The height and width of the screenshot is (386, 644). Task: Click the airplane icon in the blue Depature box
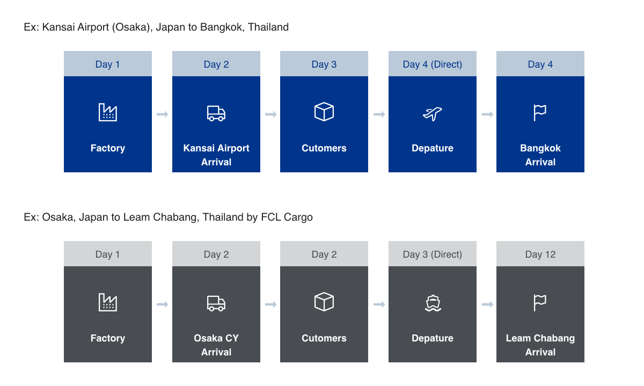pyautogui.click(x=432, y=114)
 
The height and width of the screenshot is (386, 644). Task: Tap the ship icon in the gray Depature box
pyautogui.click(x=433, y=303)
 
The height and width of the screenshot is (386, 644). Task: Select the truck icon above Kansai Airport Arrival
pyautogui.click(x=216, y=114)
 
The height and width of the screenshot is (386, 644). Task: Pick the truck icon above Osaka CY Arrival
pyautogui.click(x=216, y=303)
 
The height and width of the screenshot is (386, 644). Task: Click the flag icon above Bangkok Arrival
pyautogui.click(x=540, y=112)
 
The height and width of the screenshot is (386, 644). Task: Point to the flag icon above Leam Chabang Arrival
pyautogui.click(x=540, y=303)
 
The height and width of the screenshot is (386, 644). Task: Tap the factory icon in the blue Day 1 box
pyautogui.click(x=108, y=112)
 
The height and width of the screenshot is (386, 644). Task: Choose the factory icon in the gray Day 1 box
pyautogui.click(x=108, y=302)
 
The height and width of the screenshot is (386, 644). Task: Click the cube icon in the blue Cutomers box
pyautogui.click(x=324, y=112)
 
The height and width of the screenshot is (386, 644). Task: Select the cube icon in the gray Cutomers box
pyautogui.click(x=324, y=302)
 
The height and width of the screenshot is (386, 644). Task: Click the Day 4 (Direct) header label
pyautogui.click(x=433, y=64)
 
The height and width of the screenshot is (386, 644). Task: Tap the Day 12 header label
pyautogui.click(x=540, y=254)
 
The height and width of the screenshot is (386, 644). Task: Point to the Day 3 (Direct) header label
pyautogui.click(x=433, y=254)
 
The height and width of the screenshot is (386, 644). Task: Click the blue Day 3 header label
pyautogui.click(x=324, y=64)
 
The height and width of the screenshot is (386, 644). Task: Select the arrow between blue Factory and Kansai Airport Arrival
pyautogui.click(x=163, y=114)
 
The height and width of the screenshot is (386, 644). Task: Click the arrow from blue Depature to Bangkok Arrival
pyautogui.click(x=488, y=114)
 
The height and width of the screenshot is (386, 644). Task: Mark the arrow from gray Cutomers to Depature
pyautogui.click(x=379, y=304)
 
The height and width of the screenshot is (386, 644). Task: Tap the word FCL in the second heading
pyautogui.click(x=271, y=217)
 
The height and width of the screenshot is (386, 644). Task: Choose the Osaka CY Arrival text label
pyautogui.click(x=216, y=345)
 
